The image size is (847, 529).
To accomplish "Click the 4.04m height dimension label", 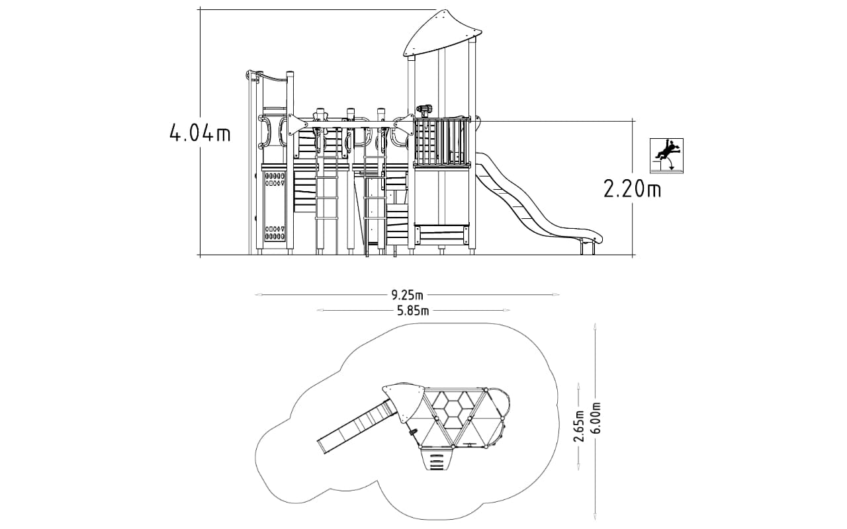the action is (x=200, y=134).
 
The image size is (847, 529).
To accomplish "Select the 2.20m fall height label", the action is (x=632, y=189).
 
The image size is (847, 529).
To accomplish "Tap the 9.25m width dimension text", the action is (x=407, y=294).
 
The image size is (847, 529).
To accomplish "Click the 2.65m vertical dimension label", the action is (x=578, y=426).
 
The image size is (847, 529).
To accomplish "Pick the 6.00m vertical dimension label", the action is (x=595, y=419).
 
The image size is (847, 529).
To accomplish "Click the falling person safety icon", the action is (x=666, y=155).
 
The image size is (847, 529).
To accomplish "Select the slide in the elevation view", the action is (x=537, y=200).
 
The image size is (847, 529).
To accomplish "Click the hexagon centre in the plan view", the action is (x=452, y=408).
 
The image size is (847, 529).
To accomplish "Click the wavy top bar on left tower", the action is (x=269, y=77).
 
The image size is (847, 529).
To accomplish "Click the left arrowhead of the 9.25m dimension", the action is (x=258, y=294).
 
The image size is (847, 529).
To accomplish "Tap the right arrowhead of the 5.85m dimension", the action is (x=506, y=311).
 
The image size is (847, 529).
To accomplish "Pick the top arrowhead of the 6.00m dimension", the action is (x=595, y=326).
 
